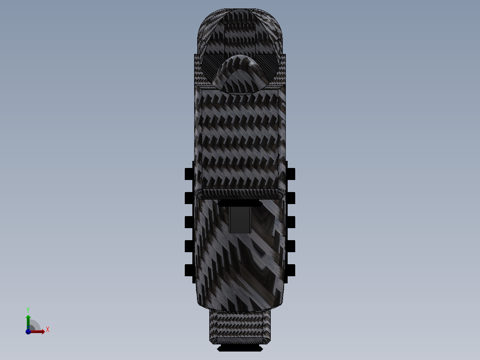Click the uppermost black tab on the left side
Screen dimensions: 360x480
point(189,174)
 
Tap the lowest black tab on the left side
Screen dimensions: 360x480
point(189,270)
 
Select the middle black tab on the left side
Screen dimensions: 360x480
point(189,222)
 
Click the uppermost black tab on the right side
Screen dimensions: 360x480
point(291,174)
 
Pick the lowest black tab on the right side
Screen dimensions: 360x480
point(291,270)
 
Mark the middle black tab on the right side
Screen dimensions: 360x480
point(291,222)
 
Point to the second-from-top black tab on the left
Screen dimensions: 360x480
point(189,198)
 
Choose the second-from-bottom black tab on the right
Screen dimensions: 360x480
point(291,246)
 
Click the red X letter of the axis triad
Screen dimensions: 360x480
point(48,330)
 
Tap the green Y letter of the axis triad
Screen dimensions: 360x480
point(28,309)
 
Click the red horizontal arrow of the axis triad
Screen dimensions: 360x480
point(38,331)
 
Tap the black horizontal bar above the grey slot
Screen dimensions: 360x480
point(240,204)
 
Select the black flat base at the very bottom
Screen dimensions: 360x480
point(240,348)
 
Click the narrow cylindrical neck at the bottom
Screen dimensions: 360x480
point(240,326)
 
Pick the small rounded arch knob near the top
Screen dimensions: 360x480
point(240,74)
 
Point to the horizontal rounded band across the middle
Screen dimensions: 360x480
point(240,193)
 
